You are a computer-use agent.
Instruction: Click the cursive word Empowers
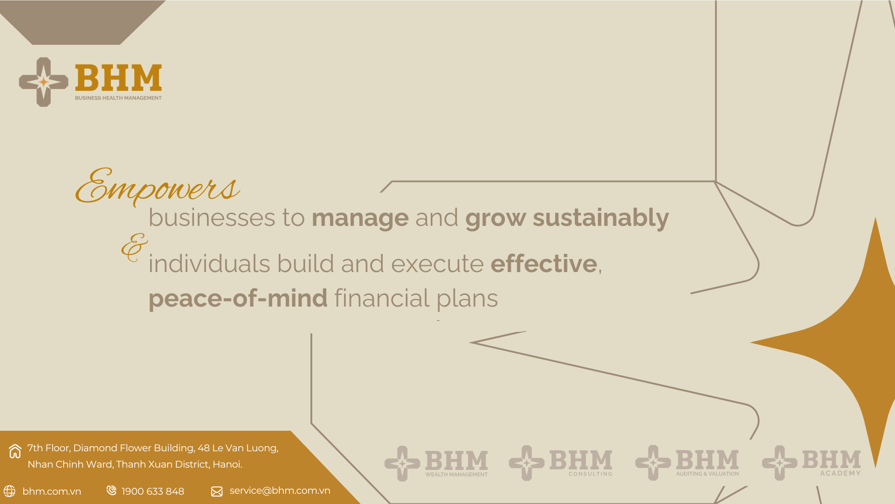click(158, 187)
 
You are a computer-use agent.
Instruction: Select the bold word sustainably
click(601, 218)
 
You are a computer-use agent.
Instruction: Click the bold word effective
click(544, 263)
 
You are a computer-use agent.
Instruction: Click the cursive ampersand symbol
click(134, 247)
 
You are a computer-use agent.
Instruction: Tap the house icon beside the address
click(15, 451)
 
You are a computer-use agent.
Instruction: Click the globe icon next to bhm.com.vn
click(9, 491)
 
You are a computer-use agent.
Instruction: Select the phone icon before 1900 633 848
click(111, 490)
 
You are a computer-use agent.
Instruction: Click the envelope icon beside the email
click(217, 491)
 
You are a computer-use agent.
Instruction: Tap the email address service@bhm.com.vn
click(280, 490)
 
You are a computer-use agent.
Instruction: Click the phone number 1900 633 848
click(153, 491)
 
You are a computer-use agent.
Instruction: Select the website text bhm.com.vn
click(52, 491)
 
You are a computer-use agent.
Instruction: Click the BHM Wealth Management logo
click(436, 463)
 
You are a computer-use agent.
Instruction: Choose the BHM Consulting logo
click(561, 463)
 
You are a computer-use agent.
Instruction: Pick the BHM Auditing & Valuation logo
click(687, 462)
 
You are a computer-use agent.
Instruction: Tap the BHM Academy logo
click(812, 462)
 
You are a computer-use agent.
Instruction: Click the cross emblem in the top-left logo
click(43, 82)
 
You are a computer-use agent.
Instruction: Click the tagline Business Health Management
click(118, 98)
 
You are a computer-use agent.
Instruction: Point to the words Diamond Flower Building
click(134, 448)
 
